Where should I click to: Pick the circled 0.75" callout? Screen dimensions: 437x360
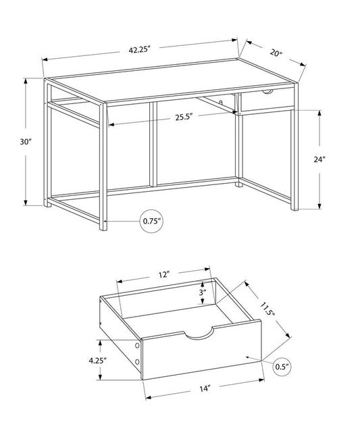click(x=152, y=221)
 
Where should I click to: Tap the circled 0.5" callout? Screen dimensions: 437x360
click(x=282, y=367)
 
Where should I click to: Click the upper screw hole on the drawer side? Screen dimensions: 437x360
click(x=138, y=346)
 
